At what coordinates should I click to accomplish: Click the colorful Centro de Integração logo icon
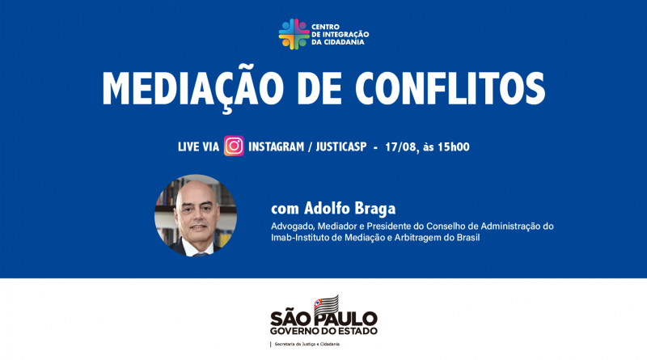click(294, 34)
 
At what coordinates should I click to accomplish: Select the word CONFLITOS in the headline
click(450, 88)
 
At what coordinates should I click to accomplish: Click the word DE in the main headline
click(319, 88)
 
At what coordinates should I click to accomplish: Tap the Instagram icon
click(234, 146)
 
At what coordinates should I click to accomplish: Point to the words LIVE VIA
click(198, 146)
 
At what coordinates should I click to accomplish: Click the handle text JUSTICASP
click(341, 146)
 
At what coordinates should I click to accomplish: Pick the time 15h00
click(454, 147)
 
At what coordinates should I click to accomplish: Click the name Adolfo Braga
click(350, 209)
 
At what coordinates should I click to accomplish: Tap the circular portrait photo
click(196, 215)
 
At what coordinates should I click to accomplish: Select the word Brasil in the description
click(468, 237)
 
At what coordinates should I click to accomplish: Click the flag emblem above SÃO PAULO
click(327, 304)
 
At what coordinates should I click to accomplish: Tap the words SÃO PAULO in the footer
click(324, 319)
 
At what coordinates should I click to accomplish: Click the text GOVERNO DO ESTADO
click(324, 331)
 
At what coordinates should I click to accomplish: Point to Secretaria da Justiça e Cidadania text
click(307, 344)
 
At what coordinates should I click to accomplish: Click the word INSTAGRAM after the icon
click(276, 146)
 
